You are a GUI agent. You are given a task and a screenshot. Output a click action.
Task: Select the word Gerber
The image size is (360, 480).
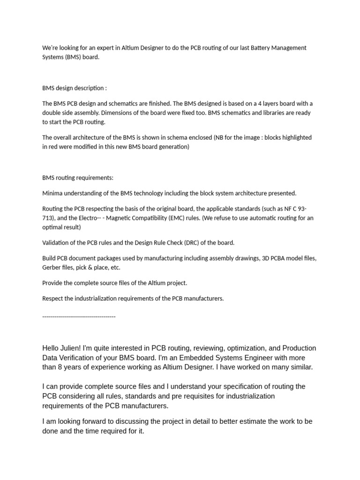(x=52, y=268)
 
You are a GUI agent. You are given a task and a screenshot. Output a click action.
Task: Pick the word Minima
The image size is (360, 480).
(x=53, y=193)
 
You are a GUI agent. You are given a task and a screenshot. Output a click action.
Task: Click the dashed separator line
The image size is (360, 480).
(x=79, y=317)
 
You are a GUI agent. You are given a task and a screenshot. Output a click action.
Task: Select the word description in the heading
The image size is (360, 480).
(x=89, y=88)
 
